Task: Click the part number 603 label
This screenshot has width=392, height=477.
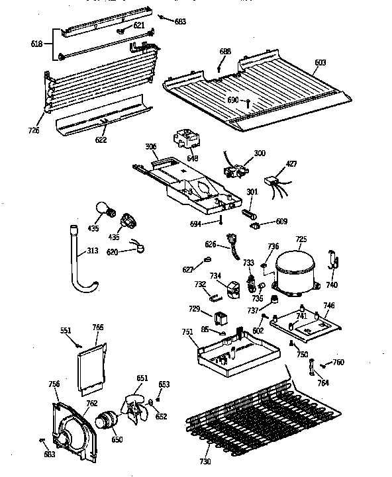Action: [x=320, y=63]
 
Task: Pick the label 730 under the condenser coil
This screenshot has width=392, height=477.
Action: [x=206, y=462]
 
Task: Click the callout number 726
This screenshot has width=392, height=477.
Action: [x=34, y=130]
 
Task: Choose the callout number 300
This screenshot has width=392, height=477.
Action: [x=260, y=153]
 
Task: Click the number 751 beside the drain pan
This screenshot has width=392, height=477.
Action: [x=188, y=332]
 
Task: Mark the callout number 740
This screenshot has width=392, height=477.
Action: [x=331, y=284]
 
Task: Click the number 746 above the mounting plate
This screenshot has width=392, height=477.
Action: [x=328, y=306]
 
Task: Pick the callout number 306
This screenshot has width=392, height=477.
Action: [x=152, y=148]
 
